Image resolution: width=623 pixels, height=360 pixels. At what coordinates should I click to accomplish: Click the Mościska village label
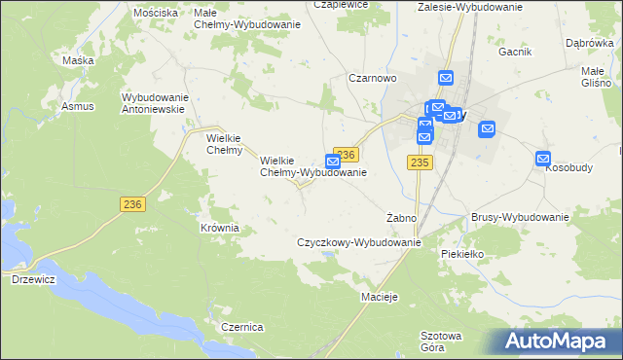click(157, 13)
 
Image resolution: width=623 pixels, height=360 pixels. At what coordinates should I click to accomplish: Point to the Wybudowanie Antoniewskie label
click(153, 102)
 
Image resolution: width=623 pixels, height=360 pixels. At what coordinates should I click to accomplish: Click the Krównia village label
click(219, 228)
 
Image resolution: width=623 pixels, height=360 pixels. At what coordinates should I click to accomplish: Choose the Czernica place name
click(242, 327)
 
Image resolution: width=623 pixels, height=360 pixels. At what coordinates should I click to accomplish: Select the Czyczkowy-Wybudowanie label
click(358, 242)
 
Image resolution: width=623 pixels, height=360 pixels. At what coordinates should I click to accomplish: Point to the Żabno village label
click(401, 218)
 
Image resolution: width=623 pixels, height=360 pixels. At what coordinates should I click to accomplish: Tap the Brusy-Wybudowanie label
click(519, 218)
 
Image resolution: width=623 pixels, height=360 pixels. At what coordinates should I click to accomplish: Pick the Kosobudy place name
click(569, 168)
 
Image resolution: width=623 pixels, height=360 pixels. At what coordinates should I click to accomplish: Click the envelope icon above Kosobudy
click(543, 159)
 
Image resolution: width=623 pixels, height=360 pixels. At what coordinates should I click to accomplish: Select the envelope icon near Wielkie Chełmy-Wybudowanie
click(333, 160)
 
